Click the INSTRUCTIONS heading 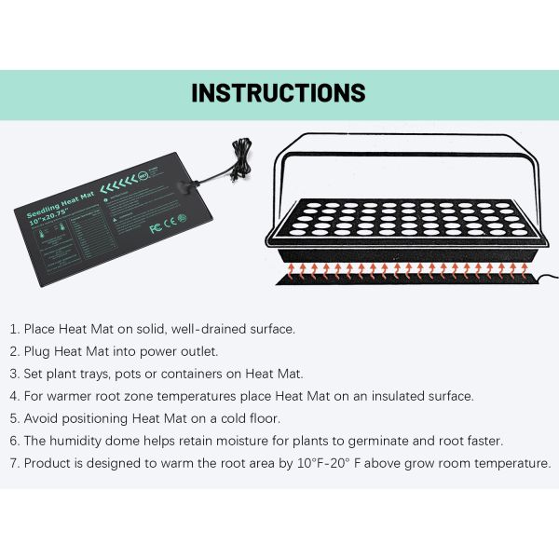pyautogui.click(x=279, y=93)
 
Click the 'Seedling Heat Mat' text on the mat pyautogui.click(x=60, y=207)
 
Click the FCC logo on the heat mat pyautogui.click(x=155, y=227)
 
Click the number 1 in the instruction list pyautogui.click(x=13, y=329)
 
